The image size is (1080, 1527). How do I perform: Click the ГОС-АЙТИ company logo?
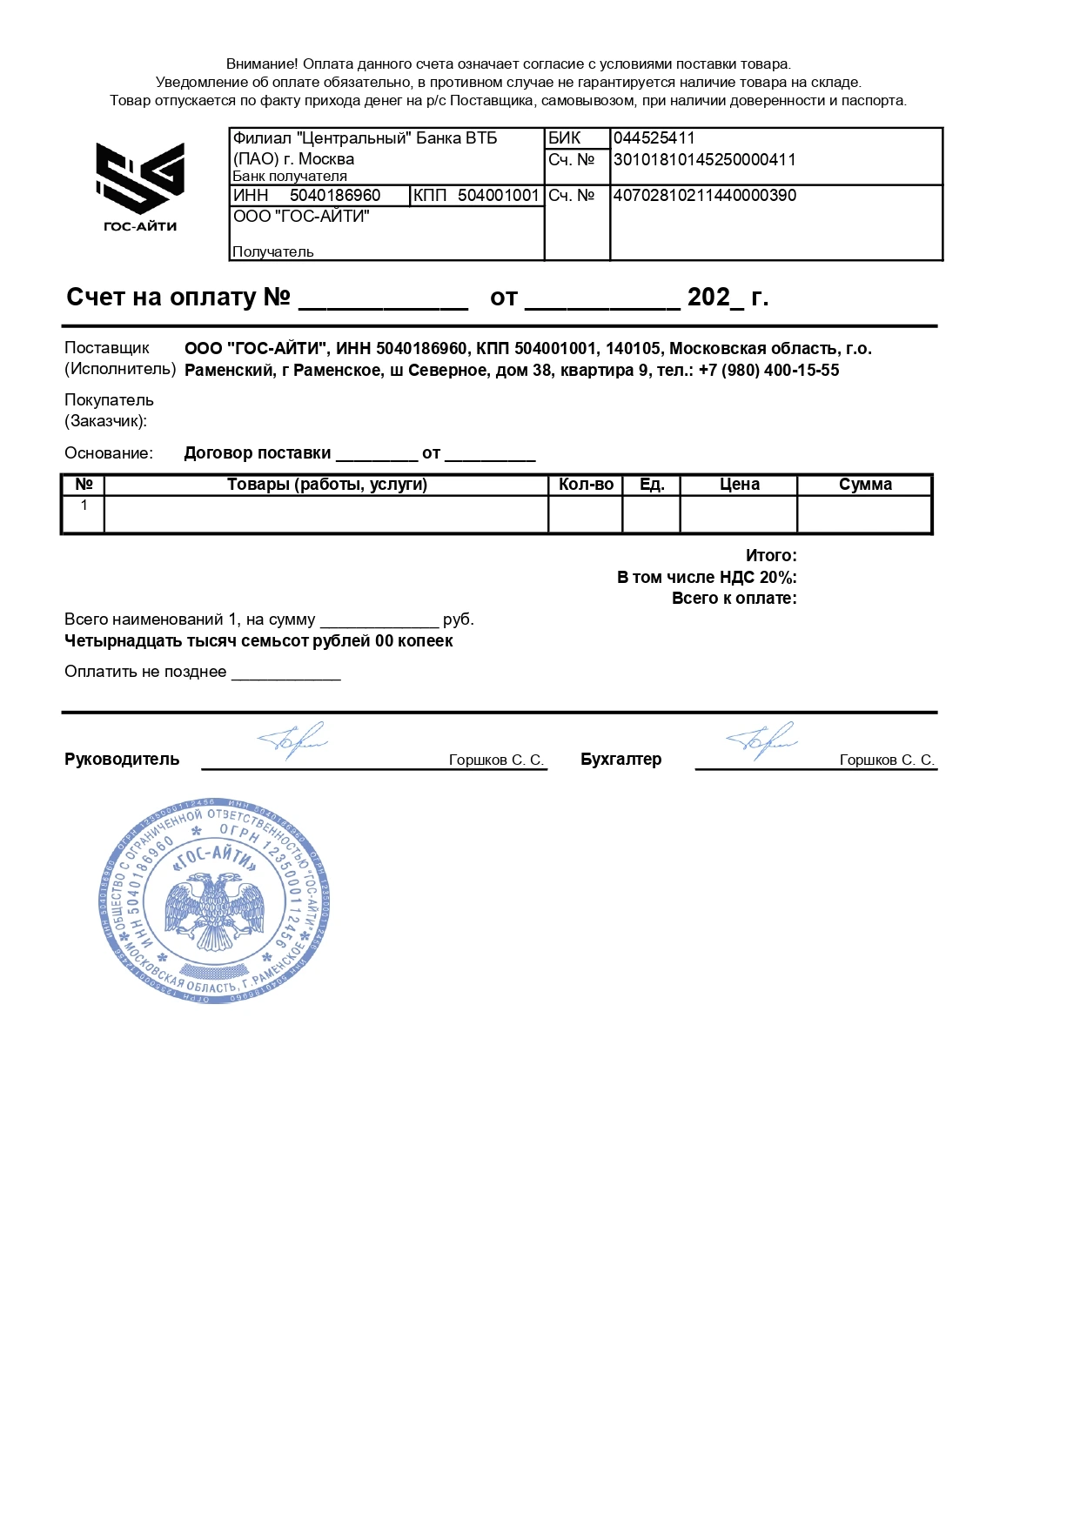139,186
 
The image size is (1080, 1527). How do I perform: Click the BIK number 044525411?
654,138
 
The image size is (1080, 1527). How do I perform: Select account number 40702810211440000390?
704,196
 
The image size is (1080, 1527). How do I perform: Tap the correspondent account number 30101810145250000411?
704,160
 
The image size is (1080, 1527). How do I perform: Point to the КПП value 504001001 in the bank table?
498,196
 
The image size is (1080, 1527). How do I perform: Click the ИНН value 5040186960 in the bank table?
335,196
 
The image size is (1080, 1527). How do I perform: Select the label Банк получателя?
289,177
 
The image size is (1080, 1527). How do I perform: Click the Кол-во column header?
586,485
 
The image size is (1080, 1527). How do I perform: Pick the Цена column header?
739,485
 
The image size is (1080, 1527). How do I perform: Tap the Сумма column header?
865,485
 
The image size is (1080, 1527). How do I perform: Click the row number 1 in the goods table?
84,506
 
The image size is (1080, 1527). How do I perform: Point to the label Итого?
771,556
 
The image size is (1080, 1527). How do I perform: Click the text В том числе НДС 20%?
707,578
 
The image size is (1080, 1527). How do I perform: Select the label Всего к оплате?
734,599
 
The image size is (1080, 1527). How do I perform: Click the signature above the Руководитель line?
292,741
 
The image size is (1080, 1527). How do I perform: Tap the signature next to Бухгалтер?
761,741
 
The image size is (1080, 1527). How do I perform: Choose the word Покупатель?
109,400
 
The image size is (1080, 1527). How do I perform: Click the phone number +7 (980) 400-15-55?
768,371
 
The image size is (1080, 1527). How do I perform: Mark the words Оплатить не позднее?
145,673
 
